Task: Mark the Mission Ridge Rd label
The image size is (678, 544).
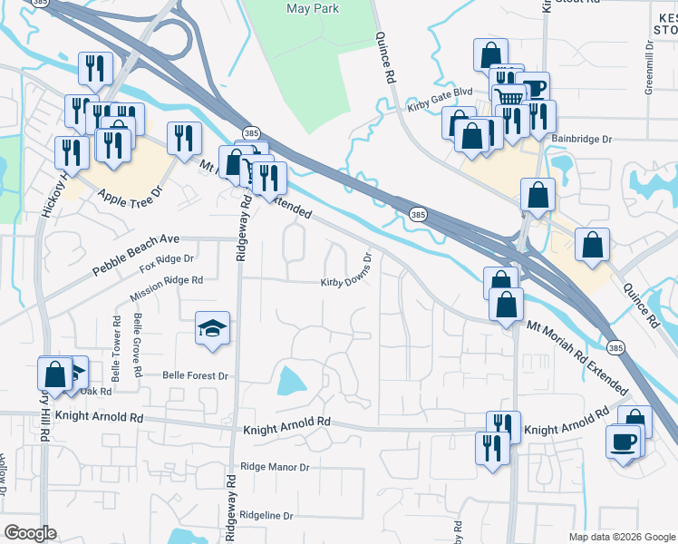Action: tap(166, 287)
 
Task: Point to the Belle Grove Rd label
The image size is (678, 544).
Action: tap(138, 345)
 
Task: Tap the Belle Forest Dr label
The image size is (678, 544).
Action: tap(194, 375)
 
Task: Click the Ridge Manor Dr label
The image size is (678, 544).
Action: tap(276, 467)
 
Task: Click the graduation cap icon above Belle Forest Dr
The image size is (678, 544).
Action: tap(212, 328)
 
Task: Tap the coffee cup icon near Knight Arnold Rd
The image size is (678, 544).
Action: tap(624, 442)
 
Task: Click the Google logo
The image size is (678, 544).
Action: tap(30, 533)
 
